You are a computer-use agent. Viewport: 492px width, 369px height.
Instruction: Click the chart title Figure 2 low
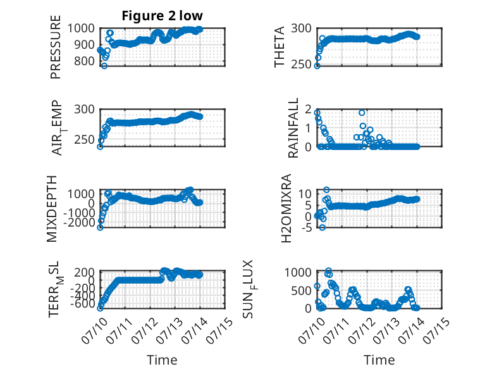(163, 15)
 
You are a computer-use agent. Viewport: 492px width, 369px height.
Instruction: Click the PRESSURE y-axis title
(55, 47)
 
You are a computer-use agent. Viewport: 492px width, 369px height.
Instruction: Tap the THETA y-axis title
(279, 47)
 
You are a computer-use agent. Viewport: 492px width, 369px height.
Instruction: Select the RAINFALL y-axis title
(293, 128)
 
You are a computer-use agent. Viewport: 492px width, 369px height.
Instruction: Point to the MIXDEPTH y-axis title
(51, 209)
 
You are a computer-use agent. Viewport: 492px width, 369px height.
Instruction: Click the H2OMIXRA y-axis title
(286, 208)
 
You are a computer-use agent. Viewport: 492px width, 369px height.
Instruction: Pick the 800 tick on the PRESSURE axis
(84, 61)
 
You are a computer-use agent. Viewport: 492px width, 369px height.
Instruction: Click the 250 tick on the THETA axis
(301, 65)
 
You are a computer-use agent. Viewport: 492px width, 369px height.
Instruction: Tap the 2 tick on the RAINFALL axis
(308, 109)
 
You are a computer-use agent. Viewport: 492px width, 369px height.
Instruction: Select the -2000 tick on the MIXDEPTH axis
(80, 223)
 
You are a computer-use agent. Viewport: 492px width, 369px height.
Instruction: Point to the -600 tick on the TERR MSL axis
(82, 304)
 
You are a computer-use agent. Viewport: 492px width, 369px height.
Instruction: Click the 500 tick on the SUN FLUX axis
(301, 291)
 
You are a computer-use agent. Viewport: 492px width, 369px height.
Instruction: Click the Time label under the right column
(379, 360)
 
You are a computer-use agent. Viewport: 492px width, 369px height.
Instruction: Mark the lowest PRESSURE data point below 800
(104, 66)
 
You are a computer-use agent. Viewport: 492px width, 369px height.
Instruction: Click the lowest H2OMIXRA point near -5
(323, 227)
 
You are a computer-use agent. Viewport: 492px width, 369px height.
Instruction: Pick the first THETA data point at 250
(317, 66)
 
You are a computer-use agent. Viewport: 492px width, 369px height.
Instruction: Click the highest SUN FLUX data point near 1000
(328, 270)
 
